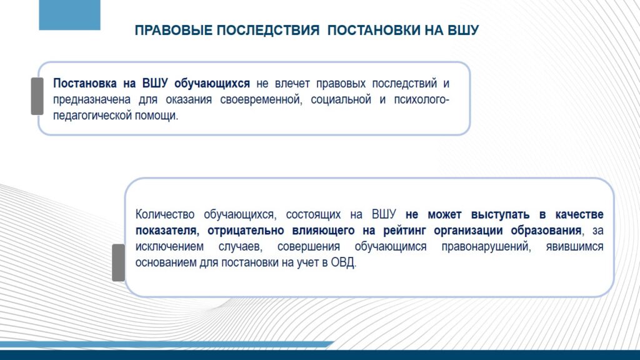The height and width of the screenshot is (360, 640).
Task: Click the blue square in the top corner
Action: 69,15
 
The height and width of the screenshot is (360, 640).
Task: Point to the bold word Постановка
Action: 85,83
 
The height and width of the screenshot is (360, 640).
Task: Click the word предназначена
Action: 92,99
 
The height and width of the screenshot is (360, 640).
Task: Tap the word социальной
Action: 341,99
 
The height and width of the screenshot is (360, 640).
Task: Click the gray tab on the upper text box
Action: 37,96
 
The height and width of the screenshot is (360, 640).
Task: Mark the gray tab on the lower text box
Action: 118,262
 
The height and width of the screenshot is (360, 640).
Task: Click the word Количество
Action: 165,214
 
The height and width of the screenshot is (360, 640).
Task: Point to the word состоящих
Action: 313,214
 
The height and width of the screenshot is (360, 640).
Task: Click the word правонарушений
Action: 486,247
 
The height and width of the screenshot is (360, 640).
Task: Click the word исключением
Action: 169,247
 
